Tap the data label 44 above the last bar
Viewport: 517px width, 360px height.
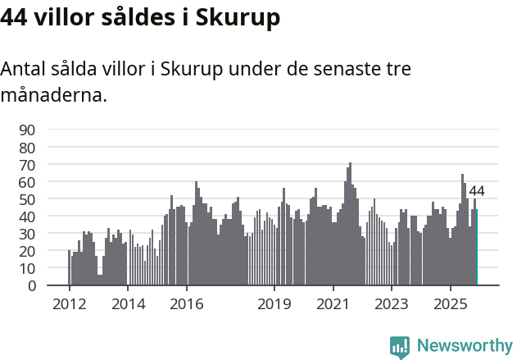point(477,191)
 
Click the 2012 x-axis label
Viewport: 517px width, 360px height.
point(69,303)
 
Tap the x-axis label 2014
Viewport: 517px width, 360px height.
point(127,303)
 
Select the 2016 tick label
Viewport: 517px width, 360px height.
point(186,303)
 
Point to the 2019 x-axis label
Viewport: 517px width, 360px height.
point(274,303)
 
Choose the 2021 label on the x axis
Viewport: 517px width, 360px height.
point(333,303)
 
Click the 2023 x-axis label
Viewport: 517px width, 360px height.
point(391,303)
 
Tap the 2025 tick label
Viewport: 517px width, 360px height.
point(450,303)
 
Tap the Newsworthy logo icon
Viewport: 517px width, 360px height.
point(400,347)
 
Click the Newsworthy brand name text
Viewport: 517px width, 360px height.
point(464,346)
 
